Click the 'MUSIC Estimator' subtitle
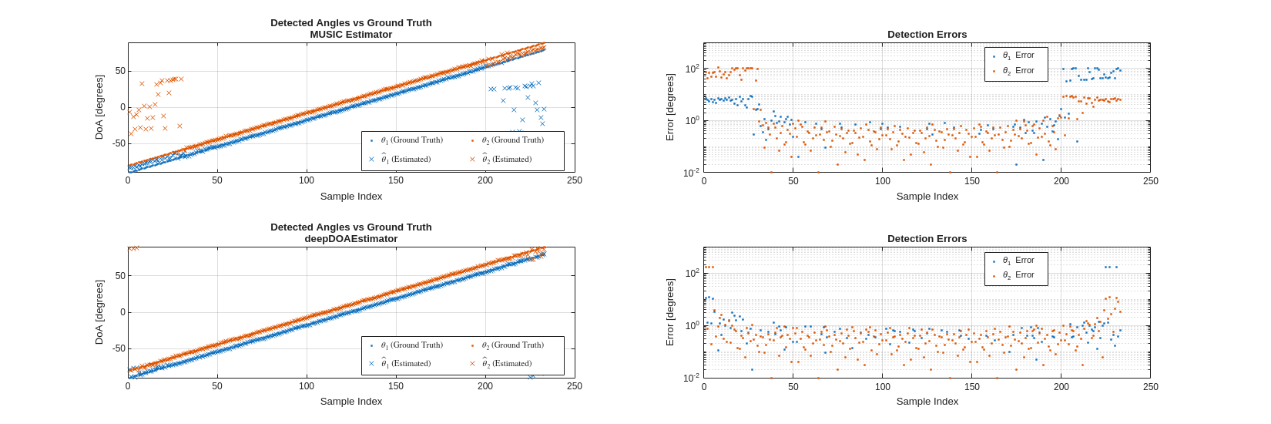(x=350, y=34)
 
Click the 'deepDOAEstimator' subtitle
(x=350, y=238)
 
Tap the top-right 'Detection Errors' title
(x=927, y=34)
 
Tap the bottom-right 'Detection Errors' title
(x=927, y=238)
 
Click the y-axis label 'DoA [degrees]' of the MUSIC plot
(x=99, y=107)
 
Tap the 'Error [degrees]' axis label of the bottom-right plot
(x=670, y=312)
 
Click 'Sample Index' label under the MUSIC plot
(x=350, y=196)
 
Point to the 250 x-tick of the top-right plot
(x=1150, y=180)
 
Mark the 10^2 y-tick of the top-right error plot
(x=692, y=69)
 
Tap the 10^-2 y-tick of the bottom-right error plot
(x=691, y=378)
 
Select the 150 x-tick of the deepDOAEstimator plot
(x=396, y=385)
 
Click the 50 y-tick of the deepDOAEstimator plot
(x=119, y=276)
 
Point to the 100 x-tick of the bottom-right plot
(x=882, y=386)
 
